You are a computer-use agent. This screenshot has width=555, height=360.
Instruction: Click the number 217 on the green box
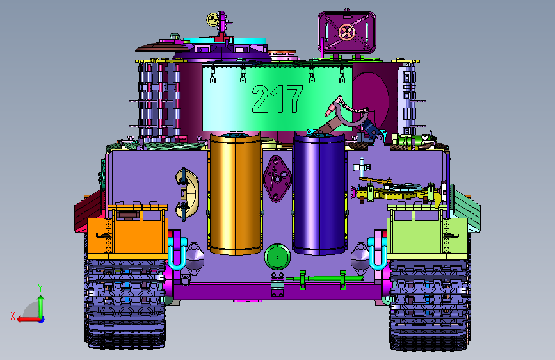(x=277, y=99)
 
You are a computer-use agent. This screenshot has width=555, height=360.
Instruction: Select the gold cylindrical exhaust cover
(x=236, y=193)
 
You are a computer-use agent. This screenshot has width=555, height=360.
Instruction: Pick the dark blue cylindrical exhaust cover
(x=319, y=193)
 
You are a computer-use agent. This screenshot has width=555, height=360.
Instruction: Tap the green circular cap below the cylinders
(x=277, y=256)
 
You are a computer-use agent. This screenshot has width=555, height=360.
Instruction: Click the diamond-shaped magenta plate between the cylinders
(x=277, y=179)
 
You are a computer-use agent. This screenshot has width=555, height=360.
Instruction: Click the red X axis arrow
(x=28, y=320)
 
